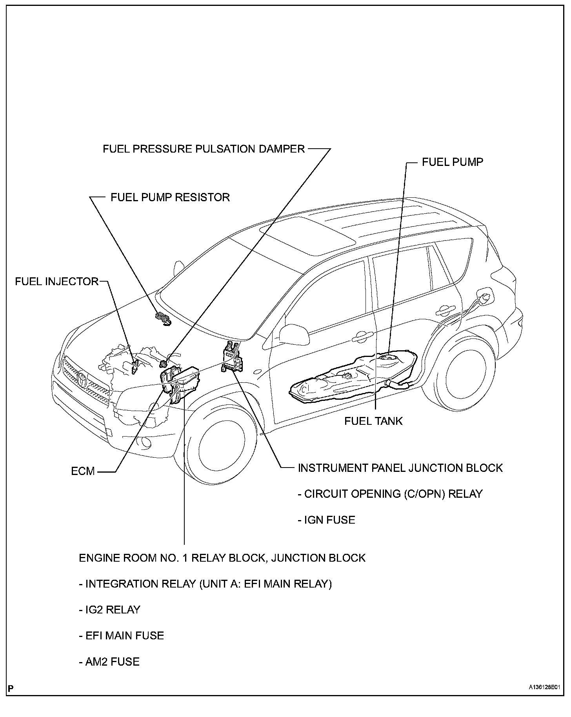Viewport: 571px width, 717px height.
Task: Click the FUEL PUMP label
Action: pos(452,162)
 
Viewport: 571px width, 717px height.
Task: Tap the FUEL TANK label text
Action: pos(373,421)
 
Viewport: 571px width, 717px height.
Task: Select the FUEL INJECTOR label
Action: pos(56,281)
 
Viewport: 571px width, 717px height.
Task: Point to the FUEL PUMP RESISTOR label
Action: pos(170,197)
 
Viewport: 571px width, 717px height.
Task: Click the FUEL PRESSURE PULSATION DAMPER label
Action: pos(204,149)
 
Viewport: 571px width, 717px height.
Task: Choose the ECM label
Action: pos(83,471)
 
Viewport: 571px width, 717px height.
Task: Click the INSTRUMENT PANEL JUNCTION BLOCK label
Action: pos(400,468)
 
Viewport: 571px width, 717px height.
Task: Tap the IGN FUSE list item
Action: pos(326,520)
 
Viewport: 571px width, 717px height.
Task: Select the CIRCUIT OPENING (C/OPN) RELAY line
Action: pos(390,494)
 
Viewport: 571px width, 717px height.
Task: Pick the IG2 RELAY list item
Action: pos(109,610)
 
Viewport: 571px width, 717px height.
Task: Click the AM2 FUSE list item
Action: pos(109,662)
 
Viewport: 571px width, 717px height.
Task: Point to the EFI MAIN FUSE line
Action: pos(121,635)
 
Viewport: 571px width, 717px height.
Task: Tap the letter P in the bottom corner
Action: pos(11,688)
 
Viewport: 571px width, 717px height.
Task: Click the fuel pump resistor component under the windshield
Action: pos(163,318)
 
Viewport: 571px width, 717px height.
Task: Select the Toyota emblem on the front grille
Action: pos(82,379)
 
